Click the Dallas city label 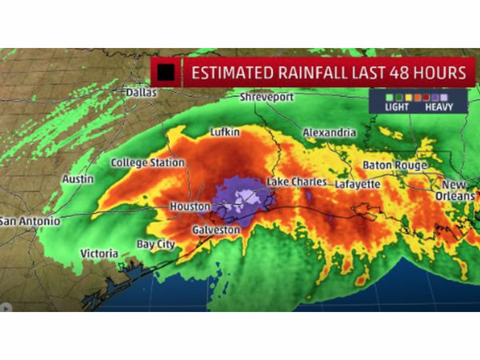point(141,92)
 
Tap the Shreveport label point(266,97)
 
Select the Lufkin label point(225,132)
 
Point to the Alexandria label point(329,132)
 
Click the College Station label point(148,162)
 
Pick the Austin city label point(78,179)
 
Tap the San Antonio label point(30,220)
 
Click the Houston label point(190,206)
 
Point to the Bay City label point(155,244)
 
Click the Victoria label point(99,254)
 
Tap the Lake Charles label point(296,182)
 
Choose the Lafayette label point(356,183)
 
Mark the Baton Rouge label point(395,165)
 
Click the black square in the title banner point(167,72)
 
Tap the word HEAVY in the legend point(440,106)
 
